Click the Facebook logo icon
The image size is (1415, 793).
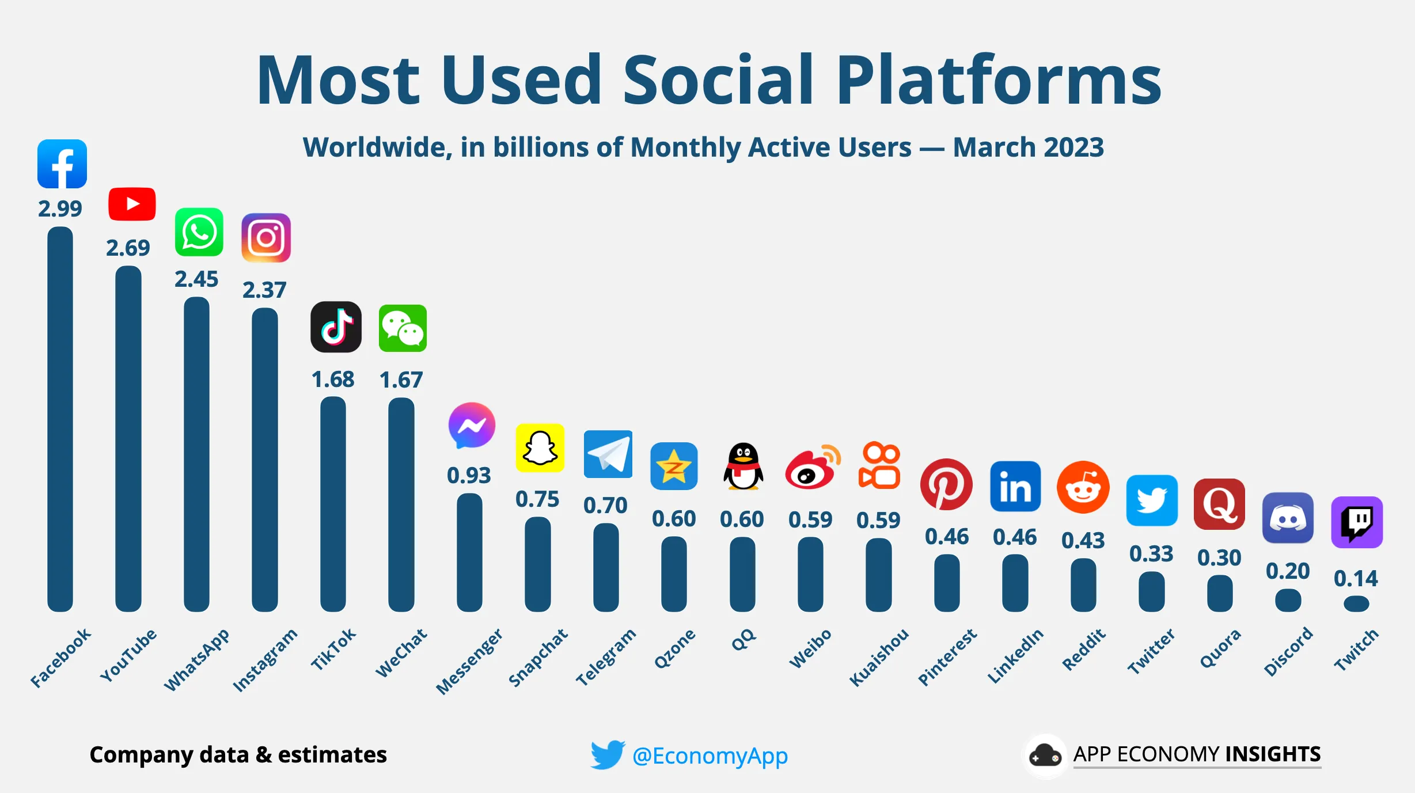click(x=62, y=164)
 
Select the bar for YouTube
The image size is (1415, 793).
click(x=128, y=438)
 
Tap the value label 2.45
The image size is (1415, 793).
click(x=196, y=279)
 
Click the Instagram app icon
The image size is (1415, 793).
click(x=265, y=238)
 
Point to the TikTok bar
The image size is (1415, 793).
click(x=333, y=504)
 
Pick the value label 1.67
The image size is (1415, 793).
click(x=401, y=380)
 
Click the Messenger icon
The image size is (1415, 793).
click(x=472, y=426)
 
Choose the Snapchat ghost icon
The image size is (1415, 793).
click(x=540, y=448)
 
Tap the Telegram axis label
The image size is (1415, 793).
click(x=606, y=657)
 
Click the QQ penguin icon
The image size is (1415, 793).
click(x=743, y=466)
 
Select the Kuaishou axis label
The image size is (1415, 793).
click(x=879, y=657)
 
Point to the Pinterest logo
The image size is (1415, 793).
click(x=946, y=484)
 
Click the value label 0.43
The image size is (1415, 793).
click(x=1083, y=540)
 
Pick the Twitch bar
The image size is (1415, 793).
click(x=1356, y=604)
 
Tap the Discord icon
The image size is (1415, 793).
click(x=1288, y=518)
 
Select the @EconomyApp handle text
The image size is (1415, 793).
click(x=710, y=756)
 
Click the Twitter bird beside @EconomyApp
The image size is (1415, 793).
click(x=607, y=754)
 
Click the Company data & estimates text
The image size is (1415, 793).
click(x=238, y=754)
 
